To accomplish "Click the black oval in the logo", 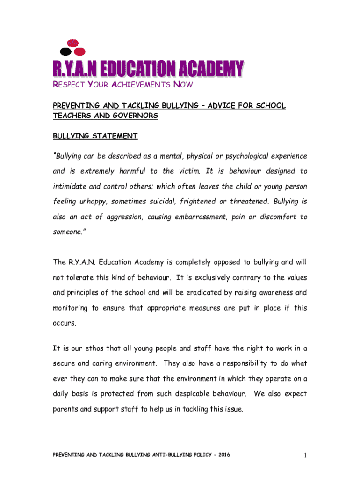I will (66, 51).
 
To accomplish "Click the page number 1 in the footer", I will (304, 455).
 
